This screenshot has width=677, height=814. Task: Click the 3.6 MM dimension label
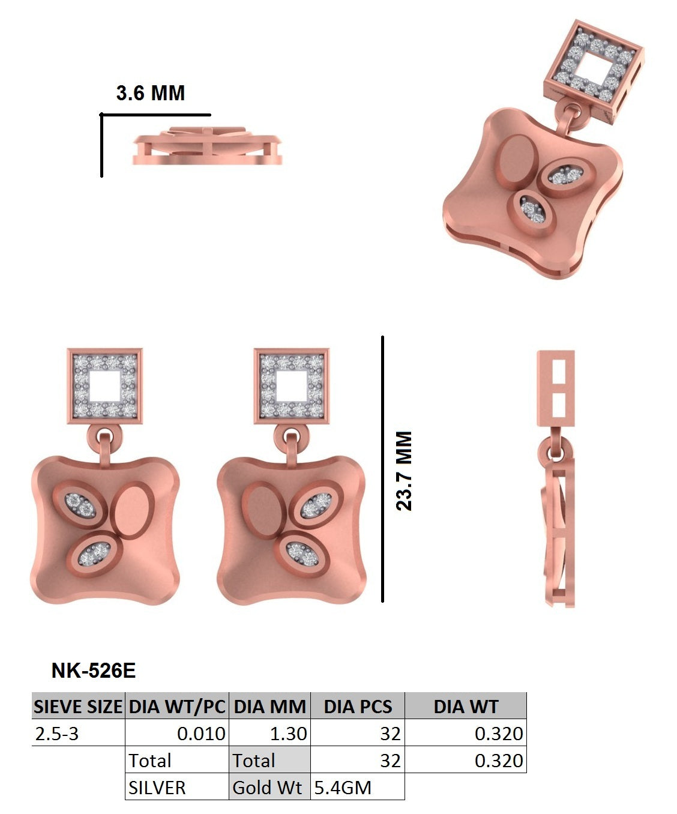pyautogui.click(x=150, y=93)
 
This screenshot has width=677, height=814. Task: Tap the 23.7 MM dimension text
pyautogui.click(x=404, y=471)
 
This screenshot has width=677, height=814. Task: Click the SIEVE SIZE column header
pyautogui.click(x=78, y=707)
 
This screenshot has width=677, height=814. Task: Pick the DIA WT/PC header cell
pyautogui.click(x=177, y=707)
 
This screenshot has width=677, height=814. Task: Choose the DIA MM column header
pyautogui.click(x=269, y=707)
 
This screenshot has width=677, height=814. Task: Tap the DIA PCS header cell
pyautogui.click(x=358, y=707)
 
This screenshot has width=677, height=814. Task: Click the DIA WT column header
pyautogui.click(x=466, y=707)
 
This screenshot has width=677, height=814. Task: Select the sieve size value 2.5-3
pyautogui.click(x=57, y=734)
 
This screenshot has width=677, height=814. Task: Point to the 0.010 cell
pyautogui.click(x=201, y=734)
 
